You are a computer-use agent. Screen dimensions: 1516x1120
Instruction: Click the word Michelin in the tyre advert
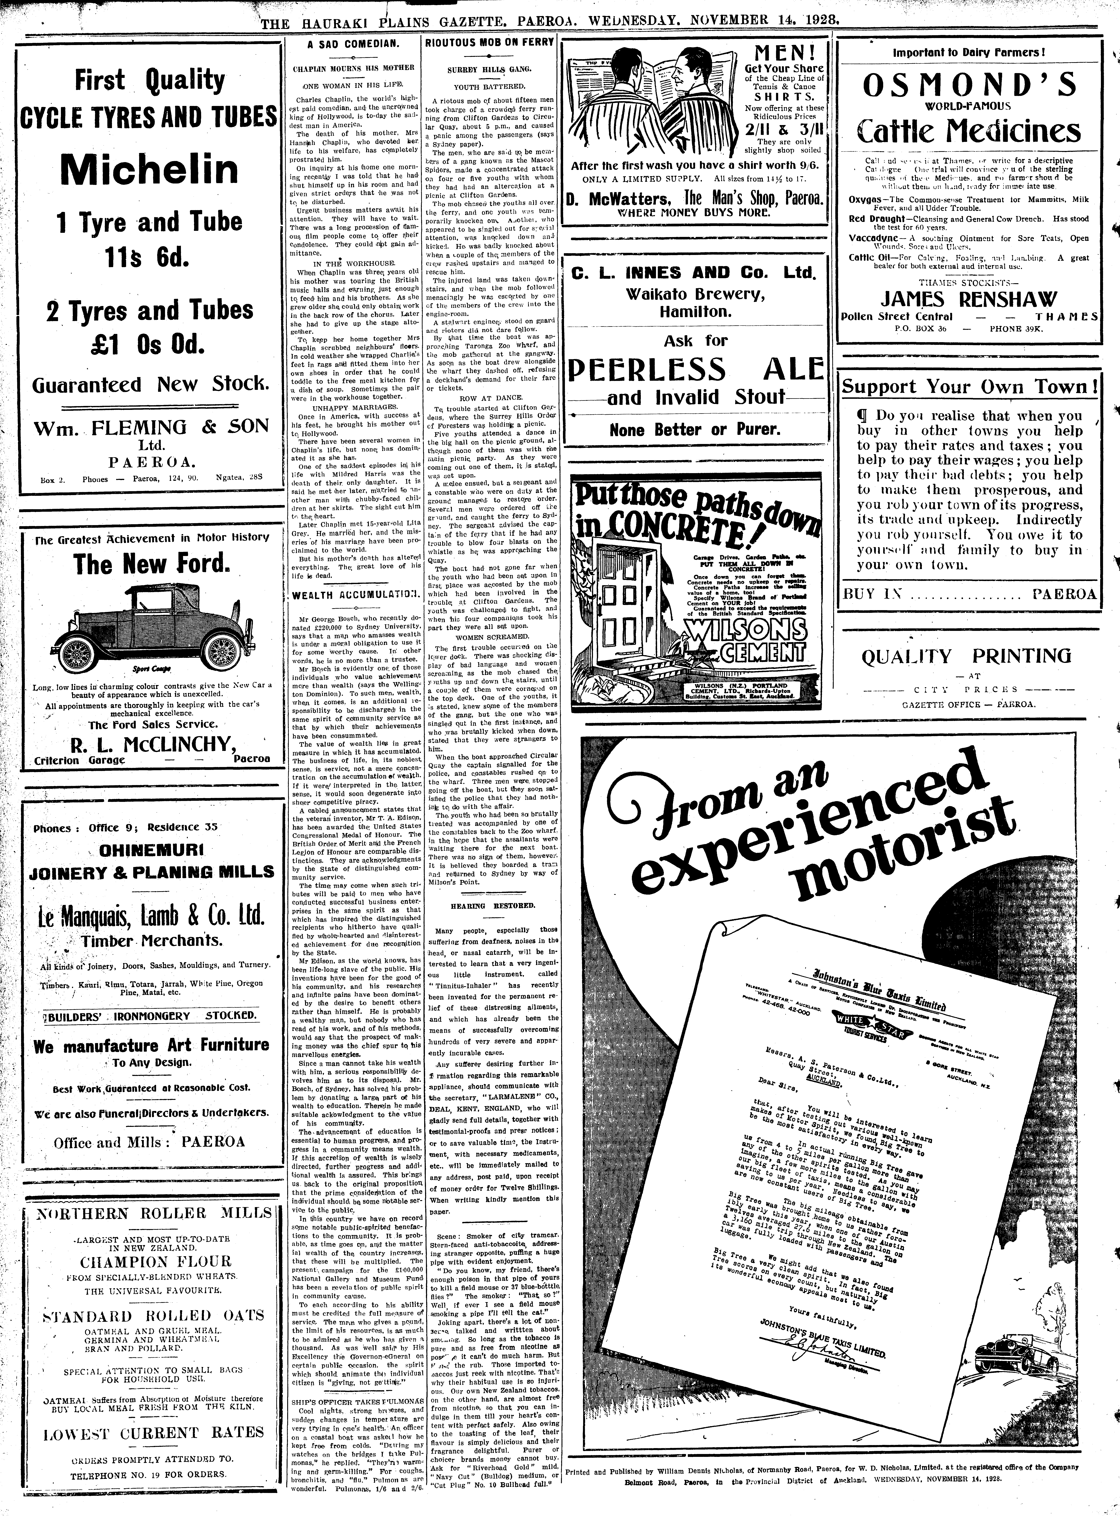148,169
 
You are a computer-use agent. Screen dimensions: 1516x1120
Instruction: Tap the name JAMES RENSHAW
969,299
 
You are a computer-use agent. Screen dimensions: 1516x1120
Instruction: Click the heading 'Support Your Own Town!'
969,387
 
